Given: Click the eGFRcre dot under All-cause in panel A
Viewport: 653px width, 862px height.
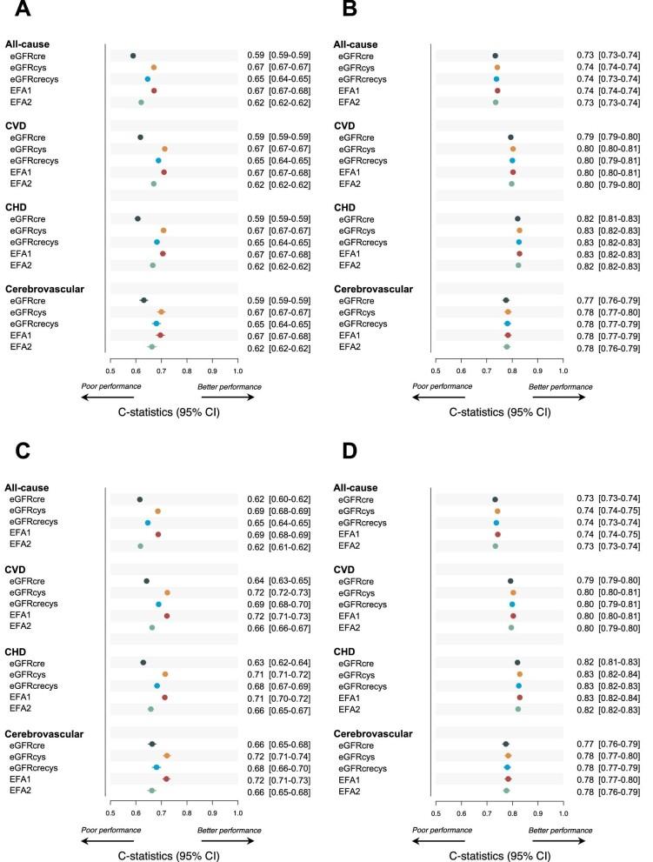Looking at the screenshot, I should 133,56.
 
